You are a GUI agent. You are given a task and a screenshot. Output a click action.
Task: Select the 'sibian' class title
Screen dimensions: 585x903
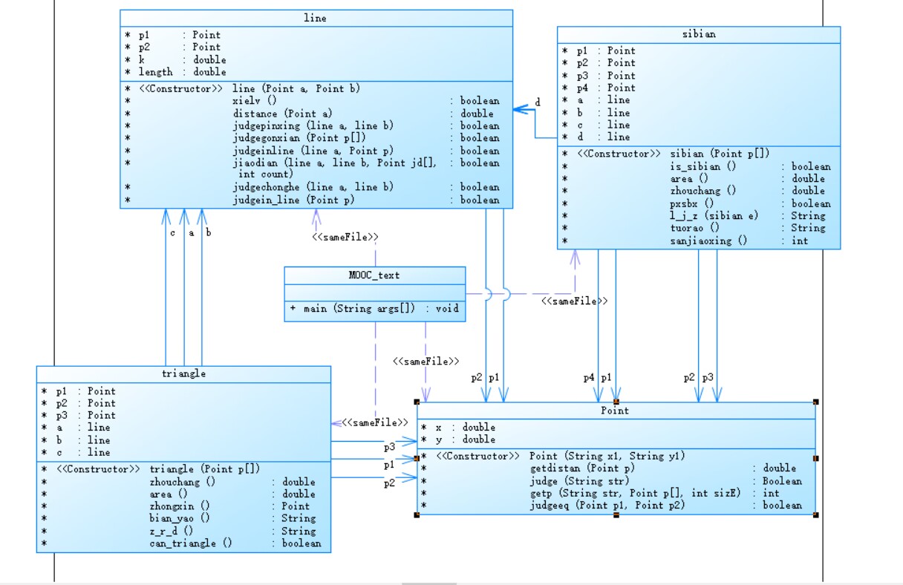click(x=698, y=35)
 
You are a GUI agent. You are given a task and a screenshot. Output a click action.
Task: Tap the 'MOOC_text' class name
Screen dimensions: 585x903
click(x=374, y=275)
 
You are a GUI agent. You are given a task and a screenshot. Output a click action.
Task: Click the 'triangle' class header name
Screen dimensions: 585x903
click(x=183, y=373)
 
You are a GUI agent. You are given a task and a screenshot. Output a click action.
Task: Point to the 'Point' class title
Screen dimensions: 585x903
click(x=615, y=411)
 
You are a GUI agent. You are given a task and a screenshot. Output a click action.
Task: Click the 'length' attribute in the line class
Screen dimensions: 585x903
click(x=155, y=72)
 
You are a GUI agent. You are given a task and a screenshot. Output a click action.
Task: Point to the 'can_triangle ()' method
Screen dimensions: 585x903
click(x=191, y=543)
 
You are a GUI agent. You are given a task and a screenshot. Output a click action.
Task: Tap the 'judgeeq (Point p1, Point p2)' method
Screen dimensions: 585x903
click(x=607, y=506)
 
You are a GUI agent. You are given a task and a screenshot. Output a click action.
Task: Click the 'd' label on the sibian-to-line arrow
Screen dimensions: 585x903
click(x=538, y=102)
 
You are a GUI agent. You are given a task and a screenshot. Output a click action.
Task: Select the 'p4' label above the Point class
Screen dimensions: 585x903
click(x=589, y=377)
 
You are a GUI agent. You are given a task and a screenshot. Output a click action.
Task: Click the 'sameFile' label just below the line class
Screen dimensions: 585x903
click(x=345, y=237)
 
